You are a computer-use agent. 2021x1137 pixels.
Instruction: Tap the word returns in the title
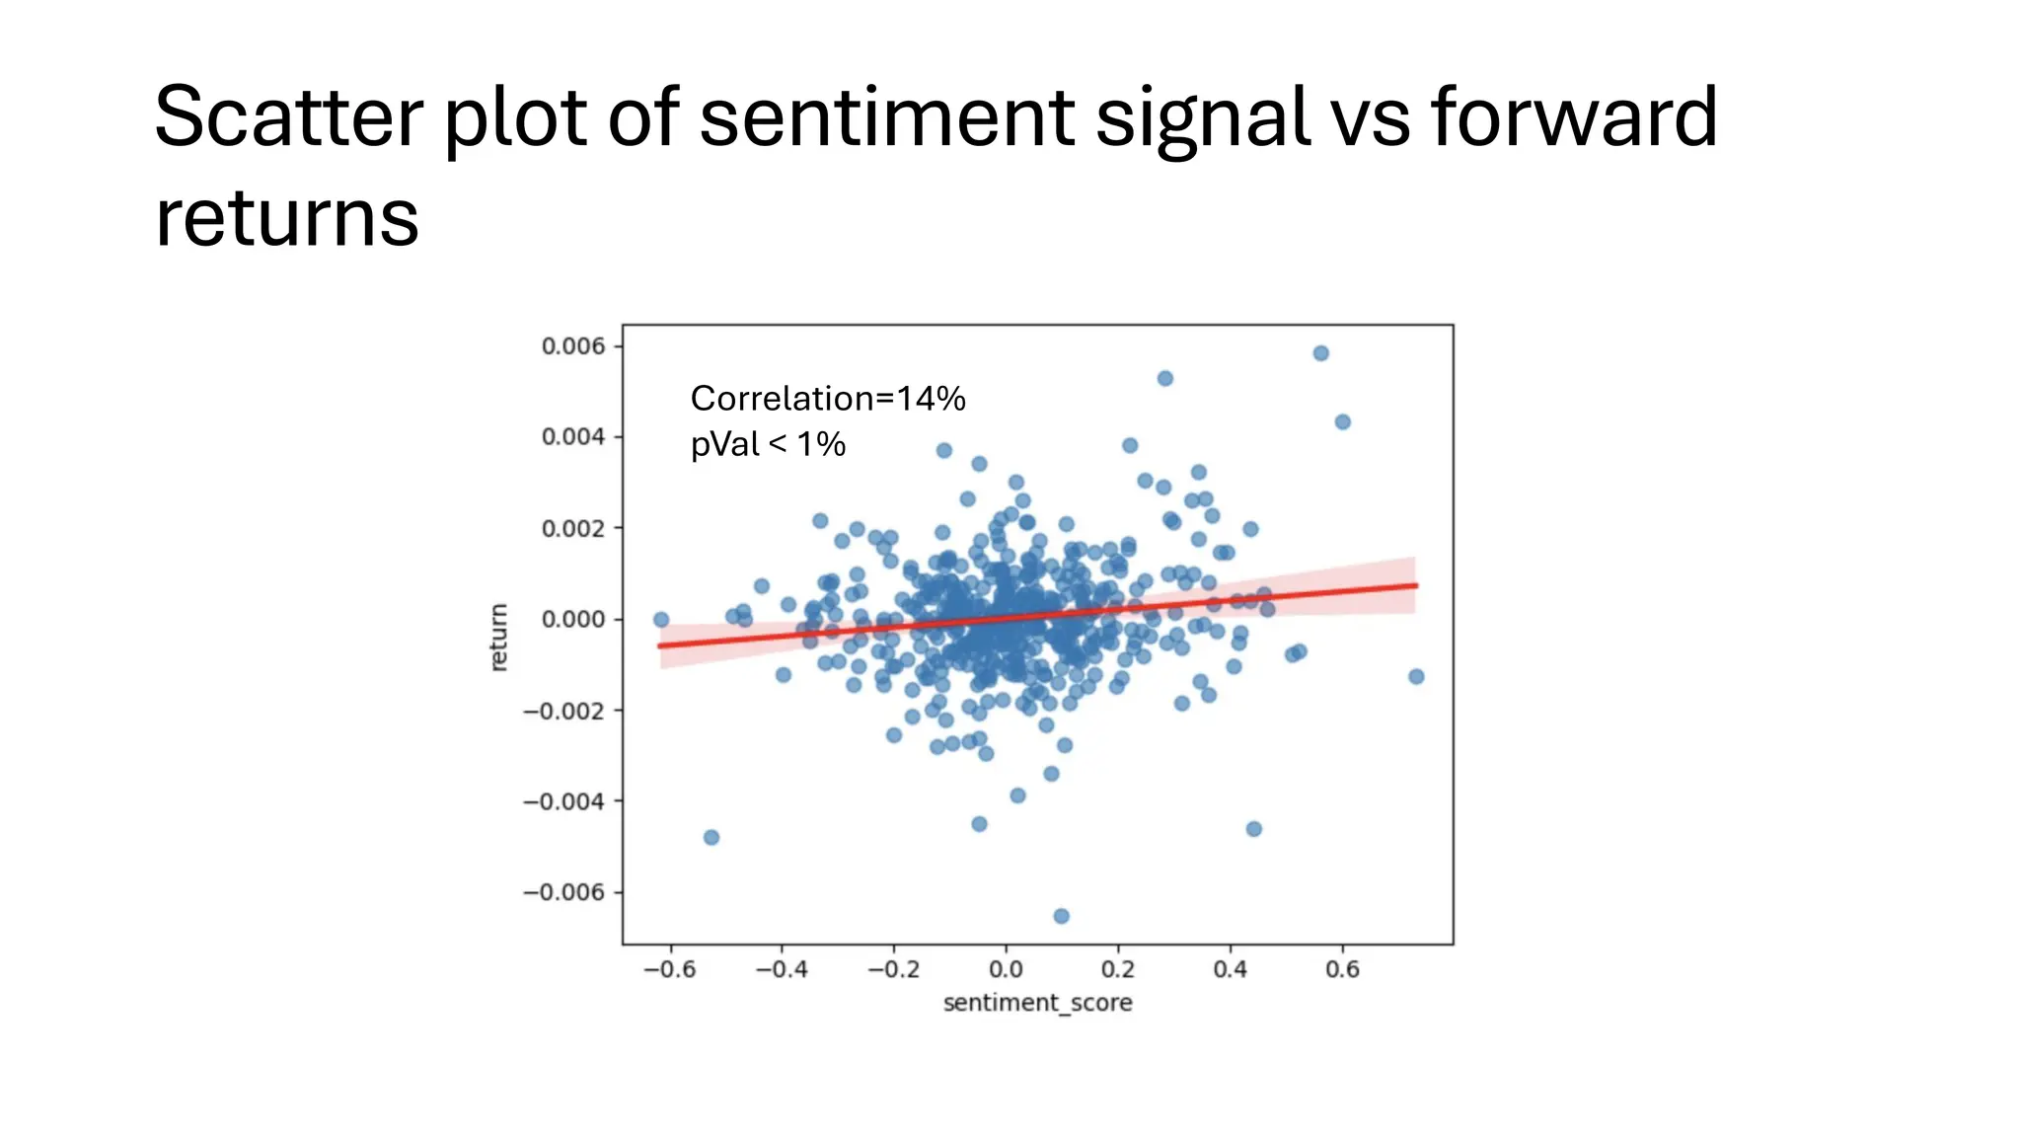pyautogui.click(x=287, y=219)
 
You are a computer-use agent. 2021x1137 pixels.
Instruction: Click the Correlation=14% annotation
pyautogui.click(x=827, y=399)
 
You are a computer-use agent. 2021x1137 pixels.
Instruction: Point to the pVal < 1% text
pyautogui.click(x=768, y=445)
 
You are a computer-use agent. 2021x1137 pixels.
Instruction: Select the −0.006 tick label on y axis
pyautogui.click(x=563, y=892)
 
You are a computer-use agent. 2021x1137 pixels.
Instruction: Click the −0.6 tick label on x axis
pyautogui.click(x=669, y=970)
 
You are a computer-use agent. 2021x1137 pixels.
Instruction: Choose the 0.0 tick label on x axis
pyautogui.click(x=1006, y=970)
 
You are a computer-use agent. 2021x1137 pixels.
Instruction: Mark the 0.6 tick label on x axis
pyautogui.click(x=1342, y=970)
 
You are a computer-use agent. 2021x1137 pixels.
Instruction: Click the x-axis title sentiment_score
pyautogui.click(x=1037, y=1004)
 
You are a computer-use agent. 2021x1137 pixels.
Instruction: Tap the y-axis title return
pyautogui.click(x=499, y=638)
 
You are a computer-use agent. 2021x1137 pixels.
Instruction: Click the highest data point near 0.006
pyautogui.click(x=1320, y=353)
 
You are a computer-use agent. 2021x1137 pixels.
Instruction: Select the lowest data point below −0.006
pyautogui.click(x=1061, y=916)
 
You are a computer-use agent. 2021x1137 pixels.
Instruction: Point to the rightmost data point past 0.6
pyautogui.click(x=1416, y=676)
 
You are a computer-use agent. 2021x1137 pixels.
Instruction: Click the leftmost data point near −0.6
pyautogui.click(x=661, y=620)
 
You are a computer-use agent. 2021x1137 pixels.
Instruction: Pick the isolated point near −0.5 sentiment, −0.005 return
pyautogui.click(x=711, y=837)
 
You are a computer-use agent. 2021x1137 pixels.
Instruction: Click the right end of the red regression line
pyautogui.click(x=1415, y=585)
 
